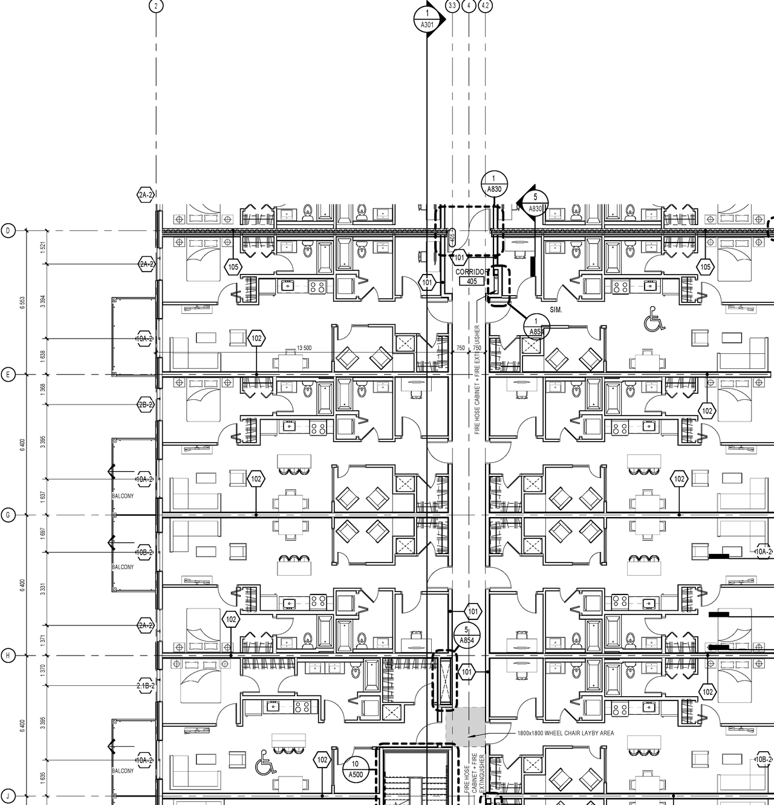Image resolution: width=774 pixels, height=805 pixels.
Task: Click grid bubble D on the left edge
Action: coord(8,230)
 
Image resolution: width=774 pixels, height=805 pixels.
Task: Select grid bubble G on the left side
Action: coord(8,515)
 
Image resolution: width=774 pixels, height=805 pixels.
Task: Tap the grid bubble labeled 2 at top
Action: coord(156,6)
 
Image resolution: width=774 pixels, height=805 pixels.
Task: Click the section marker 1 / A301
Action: coord(428,19)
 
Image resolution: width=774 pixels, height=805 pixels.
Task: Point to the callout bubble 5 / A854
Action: coord(466,635)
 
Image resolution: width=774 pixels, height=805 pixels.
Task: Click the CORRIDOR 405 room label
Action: coord(470,277)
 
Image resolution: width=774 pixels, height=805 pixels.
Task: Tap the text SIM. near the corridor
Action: coord(556,310)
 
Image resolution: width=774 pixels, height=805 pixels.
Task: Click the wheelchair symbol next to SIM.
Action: coord(654,319)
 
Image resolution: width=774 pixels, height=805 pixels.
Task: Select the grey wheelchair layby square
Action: coord(465,726)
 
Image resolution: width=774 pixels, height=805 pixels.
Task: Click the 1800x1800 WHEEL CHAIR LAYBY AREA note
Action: coord(565,733)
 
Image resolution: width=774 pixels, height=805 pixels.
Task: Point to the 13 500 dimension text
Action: coord(304,348)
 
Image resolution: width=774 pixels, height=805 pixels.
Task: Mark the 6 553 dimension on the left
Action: coord(23,302)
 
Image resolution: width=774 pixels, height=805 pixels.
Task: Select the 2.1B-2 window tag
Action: coord(145,686)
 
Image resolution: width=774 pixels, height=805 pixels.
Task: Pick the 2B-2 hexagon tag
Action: coord(145,405)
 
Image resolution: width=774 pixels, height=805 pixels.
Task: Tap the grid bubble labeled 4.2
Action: coord(485,6)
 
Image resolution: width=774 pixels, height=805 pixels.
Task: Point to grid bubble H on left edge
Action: coord(8,656)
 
